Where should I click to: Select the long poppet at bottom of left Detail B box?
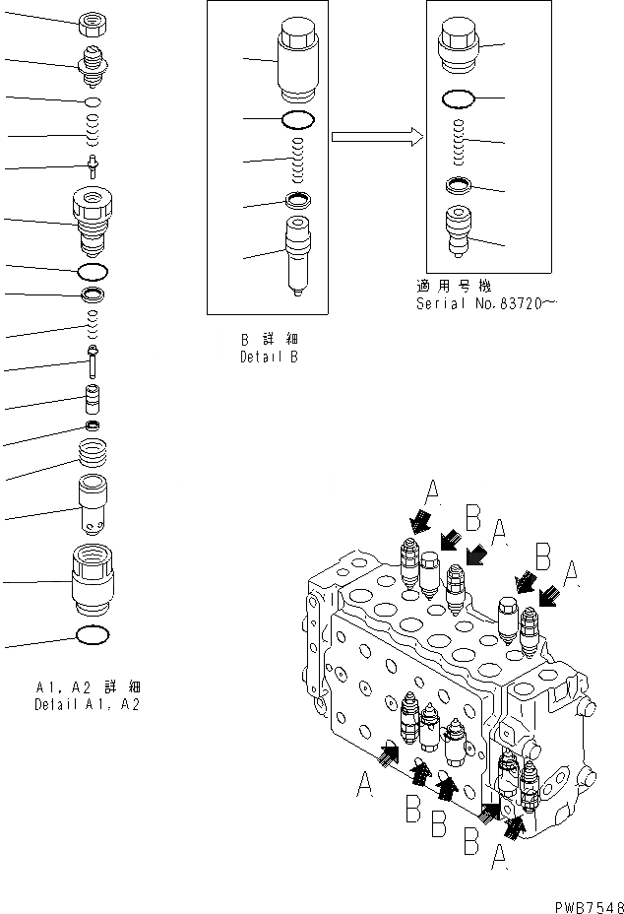[x=296, y=257]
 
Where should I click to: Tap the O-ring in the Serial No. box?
[x=459, y=98]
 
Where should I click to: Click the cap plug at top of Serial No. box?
[x=459, y=46]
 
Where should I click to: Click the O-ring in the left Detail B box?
[x=296, y=119]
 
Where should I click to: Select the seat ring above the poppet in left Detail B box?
[x=296, y=200]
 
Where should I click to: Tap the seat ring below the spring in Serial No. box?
[x=459, y=184]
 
